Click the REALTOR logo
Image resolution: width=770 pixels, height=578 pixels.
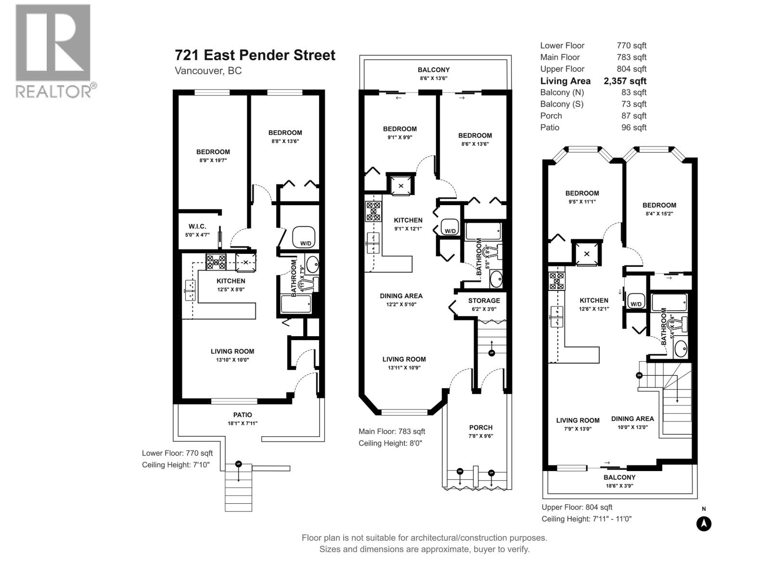(x=53, y=51)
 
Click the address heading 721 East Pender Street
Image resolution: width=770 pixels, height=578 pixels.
(x=255, y=55)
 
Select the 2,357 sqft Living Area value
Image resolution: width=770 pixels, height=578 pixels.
(x=625, y=81)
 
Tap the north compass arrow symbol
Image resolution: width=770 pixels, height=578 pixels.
(x=704, y=524)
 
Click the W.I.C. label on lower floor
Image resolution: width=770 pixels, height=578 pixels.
(x=197, y=226)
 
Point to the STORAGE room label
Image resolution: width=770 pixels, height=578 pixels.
(x=484, y=301)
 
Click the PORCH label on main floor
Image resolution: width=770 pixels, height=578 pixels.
(x=481, y=427)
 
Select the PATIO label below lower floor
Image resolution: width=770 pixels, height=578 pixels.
(x=243, y=415)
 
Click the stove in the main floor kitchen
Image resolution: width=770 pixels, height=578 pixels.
(x=373, y=211)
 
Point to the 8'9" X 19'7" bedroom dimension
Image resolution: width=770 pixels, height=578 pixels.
(x=213, y=160)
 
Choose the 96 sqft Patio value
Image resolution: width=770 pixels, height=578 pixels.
(x=633, y=128)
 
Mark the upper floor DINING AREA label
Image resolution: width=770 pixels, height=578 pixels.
(x=632, y=419)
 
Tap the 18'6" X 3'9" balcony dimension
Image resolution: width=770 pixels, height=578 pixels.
(x=619, y=486)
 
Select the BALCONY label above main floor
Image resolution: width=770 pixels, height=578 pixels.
(x=434, y=70)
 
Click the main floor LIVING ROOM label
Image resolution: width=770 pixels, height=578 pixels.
(x=404, y=359)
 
